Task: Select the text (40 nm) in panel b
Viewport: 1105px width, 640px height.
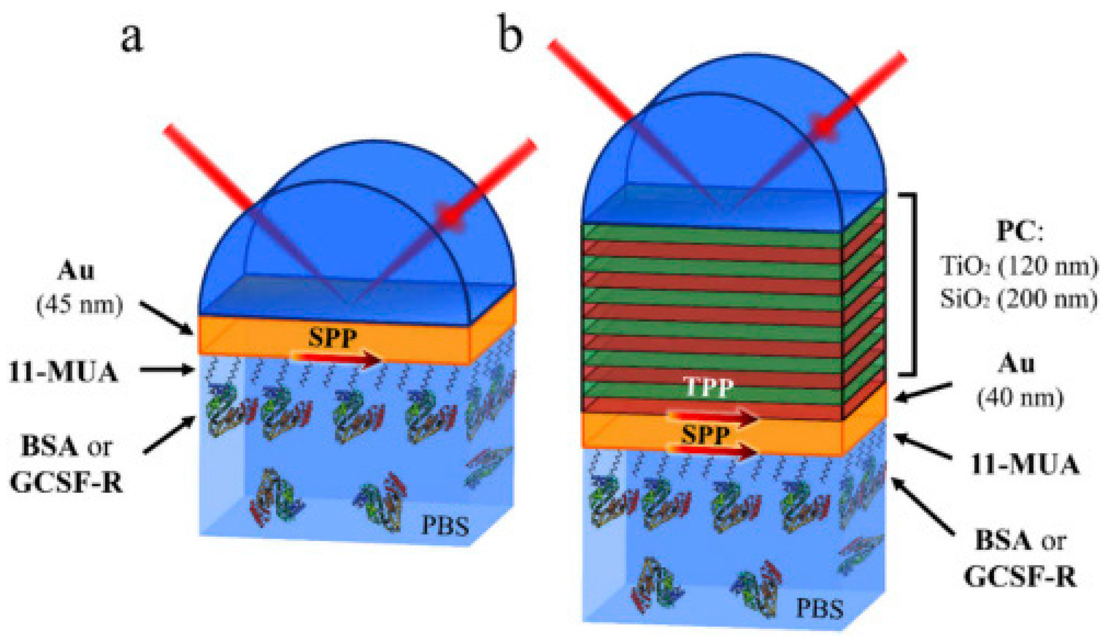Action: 1020,398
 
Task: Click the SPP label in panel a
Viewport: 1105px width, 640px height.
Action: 332,338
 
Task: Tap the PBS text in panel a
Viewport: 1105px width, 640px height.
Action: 445,526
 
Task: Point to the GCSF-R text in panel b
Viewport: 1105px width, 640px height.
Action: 1020,578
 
